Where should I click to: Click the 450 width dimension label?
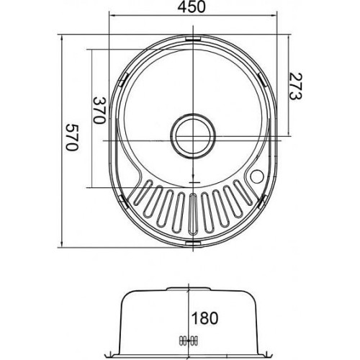(192, 7)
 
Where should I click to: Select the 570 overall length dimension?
(72, 138)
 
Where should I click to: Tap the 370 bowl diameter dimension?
(99, 110)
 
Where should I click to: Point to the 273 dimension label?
(295, 86)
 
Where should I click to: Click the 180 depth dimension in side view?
(204, 318)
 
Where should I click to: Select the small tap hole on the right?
(257, 176)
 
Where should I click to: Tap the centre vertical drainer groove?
(193, 214)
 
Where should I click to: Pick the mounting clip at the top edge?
(193, 39)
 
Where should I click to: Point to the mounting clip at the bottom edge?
(193, 243)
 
